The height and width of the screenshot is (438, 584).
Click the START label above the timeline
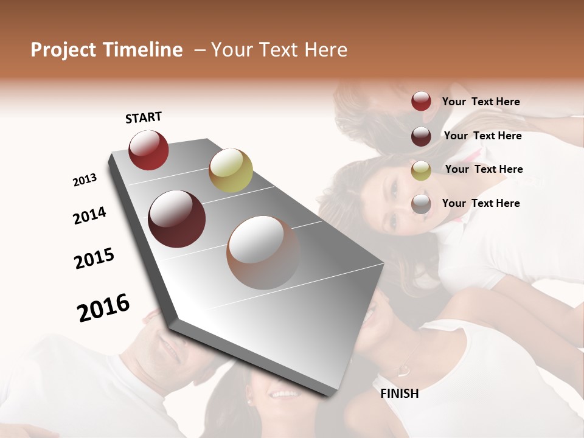coord(144,117)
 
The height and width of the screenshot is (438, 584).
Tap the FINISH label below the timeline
coord(399,394)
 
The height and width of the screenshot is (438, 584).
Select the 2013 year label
coord(85,180)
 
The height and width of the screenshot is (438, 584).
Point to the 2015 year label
coord(94,259)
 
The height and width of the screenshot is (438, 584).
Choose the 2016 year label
coord(103,308)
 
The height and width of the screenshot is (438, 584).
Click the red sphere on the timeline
coord(148,150)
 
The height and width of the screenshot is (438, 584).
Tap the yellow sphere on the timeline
coord(231,170)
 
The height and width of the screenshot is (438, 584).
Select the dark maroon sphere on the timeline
coord(177,219)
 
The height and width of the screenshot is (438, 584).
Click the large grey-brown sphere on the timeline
coord(263,252)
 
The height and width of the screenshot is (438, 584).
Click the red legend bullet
coord(421,101)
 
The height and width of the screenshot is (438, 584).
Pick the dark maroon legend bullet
coord(421,136)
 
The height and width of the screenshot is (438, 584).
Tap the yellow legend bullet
coord(421,170)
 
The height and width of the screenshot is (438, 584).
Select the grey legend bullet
coord(421,204)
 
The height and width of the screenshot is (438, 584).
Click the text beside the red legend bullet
coord(481,102)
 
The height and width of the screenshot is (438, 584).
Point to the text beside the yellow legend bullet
coord(484,169)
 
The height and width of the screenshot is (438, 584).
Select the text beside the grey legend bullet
coord(481,203)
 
